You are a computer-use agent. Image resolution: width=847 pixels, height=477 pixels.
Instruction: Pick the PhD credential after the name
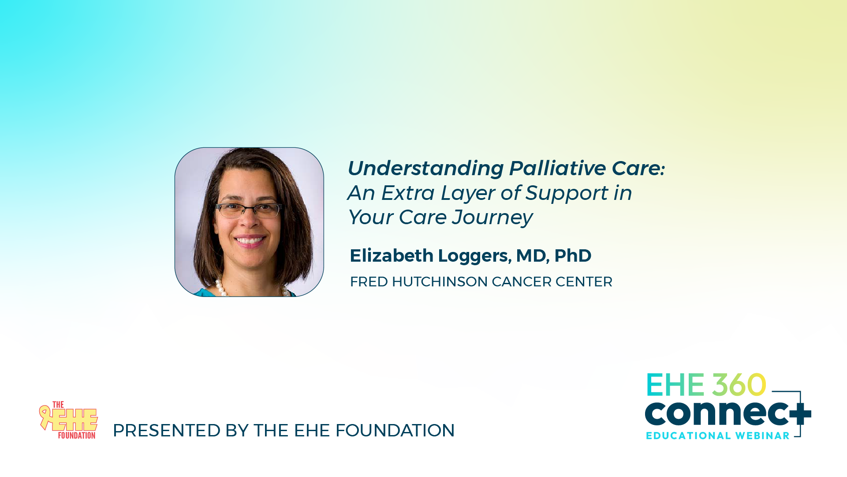[573, 255]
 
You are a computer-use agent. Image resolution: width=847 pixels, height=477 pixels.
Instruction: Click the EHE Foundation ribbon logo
[68, 420]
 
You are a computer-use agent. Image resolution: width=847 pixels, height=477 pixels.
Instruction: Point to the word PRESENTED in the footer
[167, 430]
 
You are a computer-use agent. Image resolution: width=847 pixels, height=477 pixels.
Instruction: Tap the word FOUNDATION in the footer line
[395, 430]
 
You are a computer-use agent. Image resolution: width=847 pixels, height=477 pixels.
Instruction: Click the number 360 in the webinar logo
[739, 385]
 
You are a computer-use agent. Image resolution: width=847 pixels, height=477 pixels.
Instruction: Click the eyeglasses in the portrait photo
[249, 210]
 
